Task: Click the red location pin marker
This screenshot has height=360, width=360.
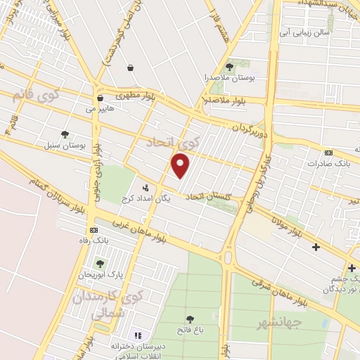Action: click(x=181, y=165)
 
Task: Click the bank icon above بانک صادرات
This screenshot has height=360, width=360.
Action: click(x=328, y=153)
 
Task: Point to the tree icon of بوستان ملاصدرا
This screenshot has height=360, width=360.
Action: click(x=229, y=67)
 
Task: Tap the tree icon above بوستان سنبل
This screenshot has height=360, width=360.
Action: click(x=65, y=134)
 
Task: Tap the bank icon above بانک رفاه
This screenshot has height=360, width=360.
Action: click(x=93, y=230)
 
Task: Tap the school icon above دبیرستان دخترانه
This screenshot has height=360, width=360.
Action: click(x=138, y=335)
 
